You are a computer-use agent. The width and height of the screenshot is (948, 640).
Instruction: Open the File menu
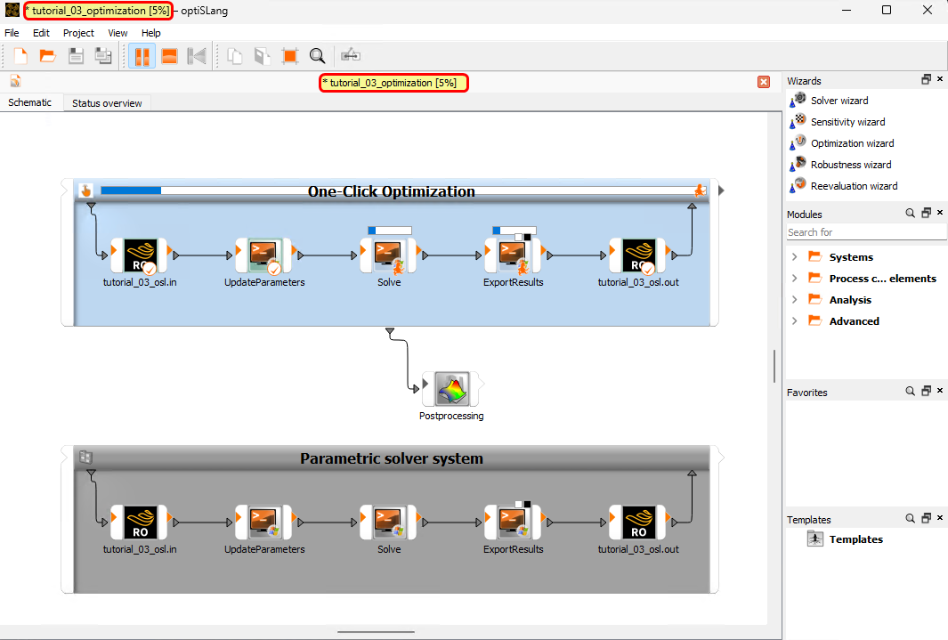12,33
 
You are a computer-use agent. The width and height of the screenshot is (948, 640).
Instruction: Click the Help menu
151,33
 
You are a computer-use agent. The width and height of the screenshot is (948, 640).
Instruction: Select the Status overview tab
107,103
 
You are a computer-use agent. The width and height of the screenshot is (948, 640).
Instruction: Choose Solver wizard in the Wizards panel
839,101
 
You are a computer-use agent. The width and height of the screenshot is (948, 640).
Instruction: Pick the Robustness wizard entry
850,165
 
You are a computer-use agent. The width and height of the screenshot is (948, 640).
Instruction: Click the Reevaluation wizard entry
854,186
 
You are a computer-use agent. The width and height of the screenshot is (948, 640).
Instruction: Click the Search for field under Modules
865,232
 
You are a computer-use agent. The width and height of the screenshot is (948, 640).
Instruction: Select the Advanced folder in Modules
854,321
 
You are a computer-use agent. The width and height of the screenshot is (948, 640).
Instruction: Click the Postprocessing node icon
450,389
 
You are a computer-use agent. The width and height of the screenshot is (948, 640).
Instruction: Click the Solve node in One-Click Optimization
389,255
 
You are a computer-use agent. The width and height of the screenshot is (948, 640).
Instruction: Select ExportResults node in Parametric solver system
514,523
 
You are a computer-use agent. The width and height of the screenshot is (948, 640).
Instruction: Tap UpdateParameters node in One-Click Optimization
264,255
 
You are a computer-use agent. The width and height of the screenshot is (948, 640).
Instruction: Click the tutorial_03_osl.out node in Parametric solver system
638,523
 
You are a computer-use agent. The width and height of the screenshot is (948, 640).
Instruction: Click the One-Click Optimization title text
391,191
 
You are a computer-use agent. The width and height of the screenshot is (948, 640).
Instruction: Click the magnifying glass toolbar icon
317,56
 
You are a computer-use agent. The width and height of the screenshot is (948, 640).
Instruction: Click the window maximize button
887,10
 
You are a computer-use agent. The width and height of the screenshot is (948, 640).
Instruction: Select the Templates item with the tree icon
855,539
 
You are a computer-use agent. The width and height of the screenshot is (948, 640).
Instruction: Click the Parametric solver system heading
391,458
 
